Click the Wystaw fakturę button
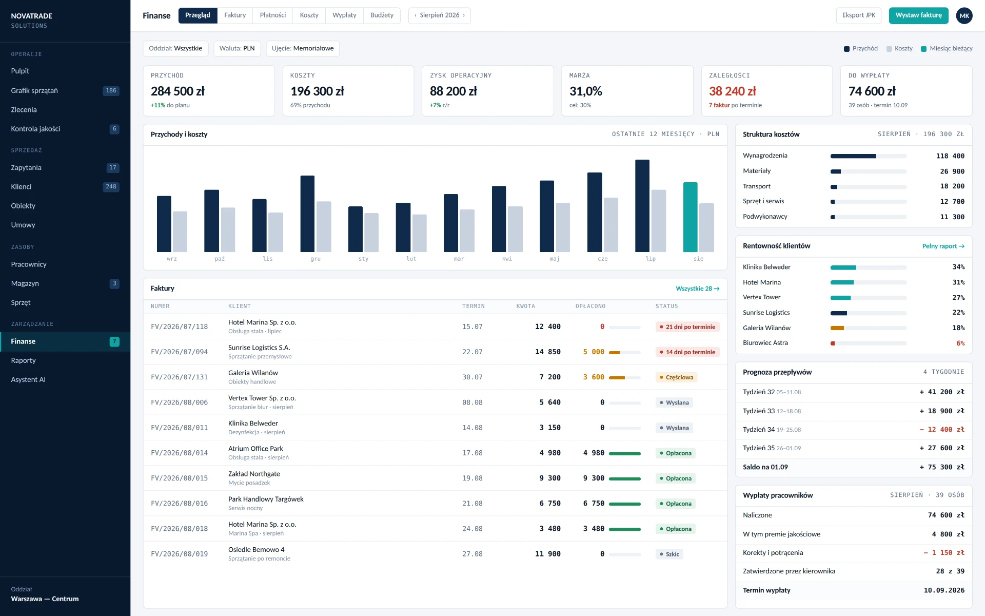click(x=918, y=15)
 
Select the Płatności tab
click(x=272, y=15)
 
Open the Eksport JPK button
click(x=858, y=15)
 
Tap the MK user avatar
click(x=964, y=16)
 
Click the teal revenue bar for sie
click(x=690, y=217)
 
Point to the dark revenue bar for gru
click(x=307, y=214)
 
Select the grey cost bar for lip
click(x=659, y=221)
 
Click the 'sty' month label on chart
click(x=363, y=259)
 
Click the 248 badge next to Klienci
click(x=111, y=187)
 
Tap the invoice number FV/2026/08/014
click(x=179, y=453)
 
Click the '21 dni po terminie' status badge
click(x=687, y=327)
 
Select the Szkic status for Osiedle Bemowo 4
click(x=669, y=554)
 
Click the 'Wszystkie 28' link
click(x=697, y=289)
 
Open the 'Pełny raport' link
click(x=943, y=246)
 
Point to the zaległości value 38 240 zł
click(x=732, y=91)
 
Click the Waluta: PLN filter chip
click(x=237, y=49)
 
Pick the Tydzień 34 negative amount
click(x=942, y=430)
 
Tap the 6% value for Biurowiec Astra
click(x=960, y=343)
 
